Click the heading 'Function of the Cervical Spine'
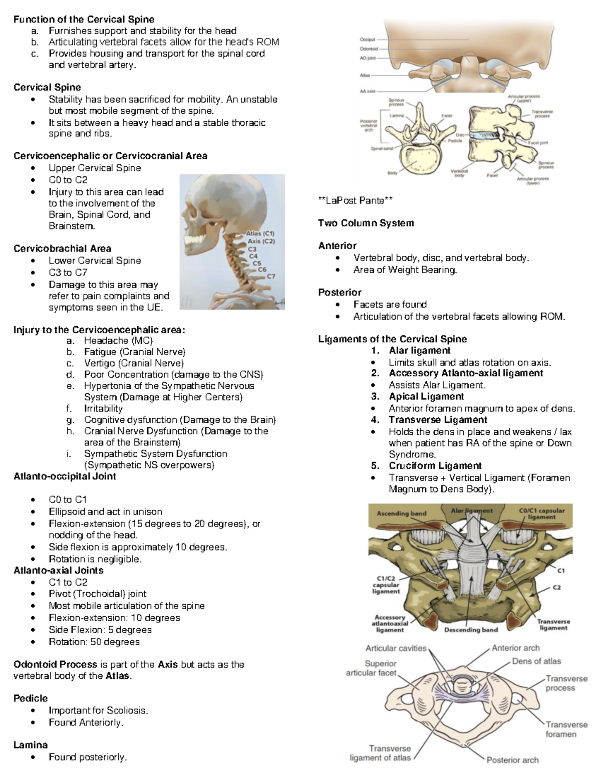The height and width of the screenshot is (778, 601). (x=84, y=20)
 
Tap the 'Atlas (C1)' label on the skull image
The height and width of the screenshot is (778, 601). (x=260, y=233)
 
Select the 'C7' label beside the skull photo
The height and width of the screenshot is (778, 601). (x=271, y=276)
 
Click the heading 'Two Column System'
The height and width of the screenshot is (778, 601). (x=366, y=223)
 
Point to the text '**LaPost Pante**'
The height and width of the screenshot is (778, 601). (x=355, y=200)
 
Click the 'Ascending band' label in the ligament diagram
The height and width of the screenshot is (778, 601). (x=401, y=513)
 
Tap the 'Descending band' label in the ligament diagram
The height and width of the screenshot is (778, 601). (x=471, y=630)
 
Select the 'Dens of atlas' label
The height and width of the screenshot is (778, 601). (x=536, y=661)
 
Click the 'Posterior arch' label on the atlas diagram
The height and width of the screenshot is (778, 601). (x=512, y=760)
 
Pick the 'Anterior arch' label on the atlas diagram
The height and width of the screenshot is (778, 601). (x=515, y=648)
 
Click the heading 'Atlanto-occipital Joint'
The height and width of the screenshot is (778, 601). (x=65, y=476)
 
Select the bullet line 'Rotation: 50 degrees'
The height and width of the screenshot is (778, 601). (x=94, y=642)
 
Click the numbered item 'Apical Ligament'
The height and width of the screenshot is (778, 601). (x=426, y=396)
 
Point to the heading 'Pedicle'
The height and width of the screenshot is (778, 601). (x=31, y=698)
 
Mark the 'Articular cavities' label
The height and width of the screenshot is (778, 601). (x=396, y=648)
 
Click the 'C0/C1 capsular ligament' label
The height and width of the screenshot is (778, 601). (x=541, y=513)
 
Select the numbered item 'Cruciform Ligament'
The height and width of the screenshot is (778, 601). (x=435, y=466)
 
